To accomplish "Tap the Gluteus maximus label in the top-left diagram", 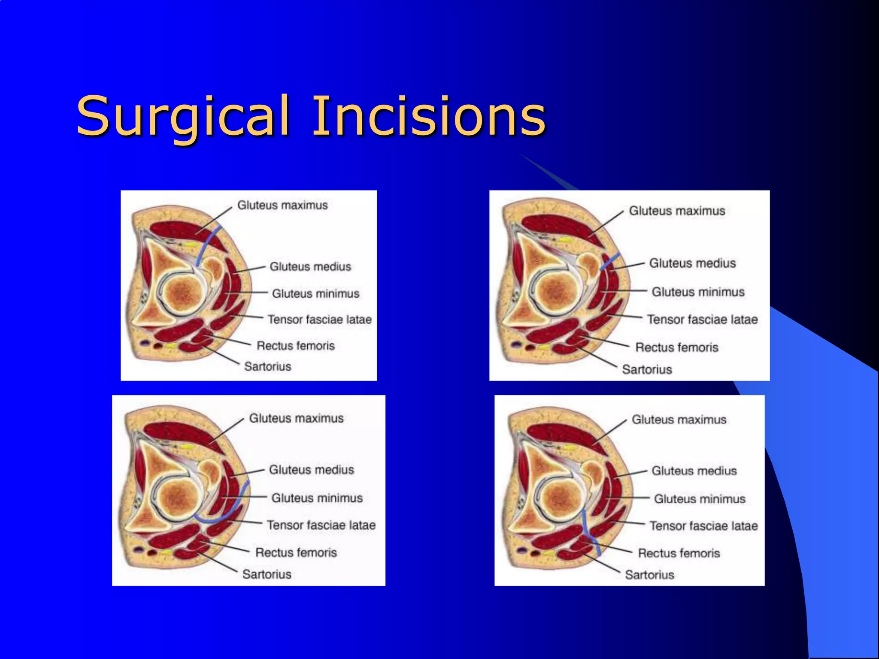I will coord(282,205).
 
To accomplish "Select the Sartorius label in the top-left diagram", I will coord(267,366).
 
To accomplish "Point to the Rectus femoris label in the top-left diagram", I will coord(295,345).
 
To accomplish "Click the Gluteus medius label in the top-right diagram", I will coord(692,263).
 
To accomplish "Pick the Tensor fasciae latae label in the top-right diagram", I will coord(702,319).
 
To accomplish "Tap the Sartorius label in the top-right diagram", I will coord(647,369).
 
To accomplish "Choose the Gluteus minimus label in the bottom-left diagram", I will coord(317,498).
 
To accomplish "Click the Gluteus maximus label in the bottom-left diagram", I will coord(296,418).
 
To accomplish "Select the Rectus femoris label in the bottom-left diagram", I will coord(296,552).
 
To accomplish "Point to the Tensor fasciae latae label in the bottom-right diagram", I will coord(703,526).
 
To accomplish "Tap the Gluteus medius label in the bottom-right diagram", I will coord(694,471).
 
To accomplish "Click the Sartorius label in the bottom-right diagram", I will coord(649,574).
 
